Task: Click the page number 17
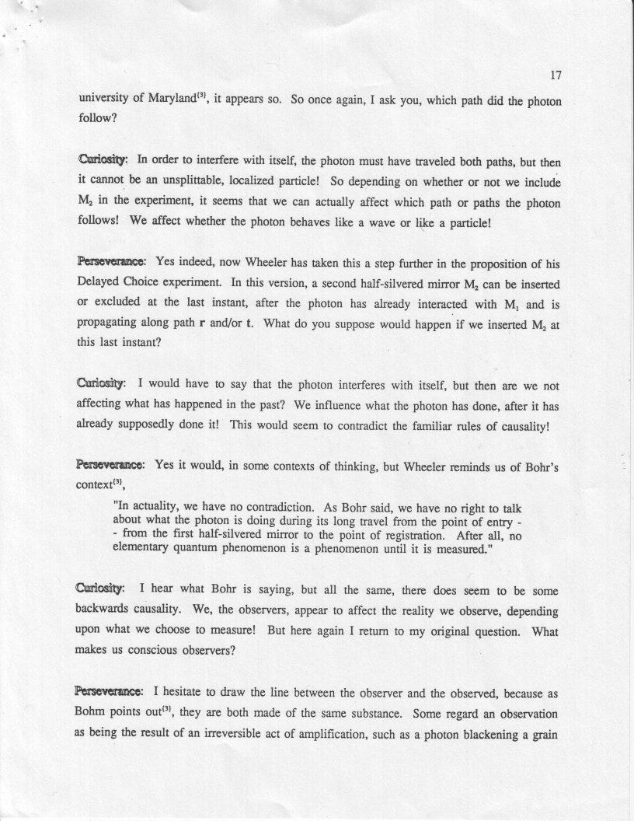[x=555, y=75]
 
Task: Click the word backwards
[x=106, y=611]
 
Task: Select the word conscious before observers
[x=160, y=652]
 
